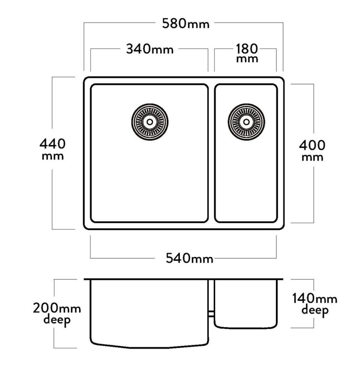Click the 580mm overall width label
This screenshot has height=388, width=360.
(186, 24)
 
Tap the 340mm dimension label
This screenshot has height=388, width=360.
(150, 49)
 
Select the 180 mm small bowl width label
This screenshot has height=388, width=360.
(247, 53)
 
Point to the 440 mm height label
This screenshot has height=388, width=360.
(53, 149)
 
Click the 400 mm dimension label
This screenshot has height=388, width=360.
(312, 151)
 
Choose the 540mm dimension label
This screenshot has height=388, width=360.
(189, 258)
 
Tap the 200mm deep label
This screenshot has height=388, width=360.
(57, 314)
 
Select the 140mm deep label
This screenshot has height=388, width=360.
(314, 304)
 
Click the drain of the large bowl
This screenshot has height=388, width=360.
(150, 122)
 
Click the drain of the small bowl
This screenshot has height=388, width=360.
(246, 122)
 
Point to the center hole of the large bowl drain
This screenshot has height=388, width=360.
(150, 122)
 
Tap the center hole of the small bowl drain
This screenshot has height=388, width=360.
(246, 122)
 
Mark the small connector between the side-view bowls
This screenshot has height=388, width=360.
(211, 314)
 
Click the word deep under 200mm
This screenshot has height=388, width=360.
(57, 320)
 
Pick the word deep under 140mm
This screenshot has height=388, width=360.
(315, 310)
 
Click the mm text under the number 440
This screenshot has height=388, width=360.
(53, 157)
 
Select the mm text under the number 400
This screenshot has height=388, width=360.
(312, 158)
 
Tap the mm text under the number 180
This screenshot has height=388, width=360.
(247, 59)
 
